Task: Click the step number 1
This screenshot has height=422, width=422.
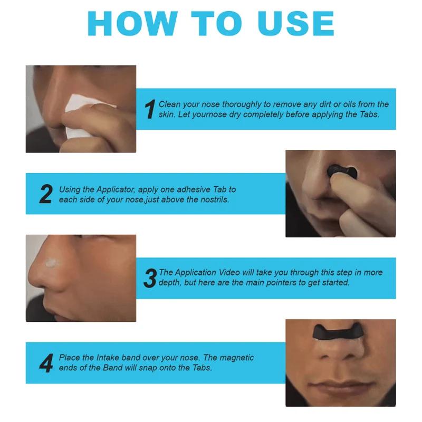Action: pyautogui.click(x=150, y=109)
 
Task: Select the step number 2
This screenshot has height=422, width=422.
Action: pyautogui.click(x=46, y=194)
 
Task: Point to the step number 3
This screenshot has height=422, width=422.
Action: pyautogui.click(x=150, y=278)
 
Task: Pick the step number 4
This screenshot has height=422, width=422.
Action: pyautogui.click(x=46, y=363)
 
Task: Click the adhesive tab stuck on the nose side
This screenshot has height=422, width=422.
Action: pyautogui.click(x=53, y=262)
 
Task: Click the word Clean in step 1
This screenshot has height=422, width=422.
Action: pyautogui.click(x=170, y=104)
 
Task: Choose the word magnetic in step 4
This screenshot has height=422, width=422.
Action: pyautogui.click(x=232, y=358)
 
